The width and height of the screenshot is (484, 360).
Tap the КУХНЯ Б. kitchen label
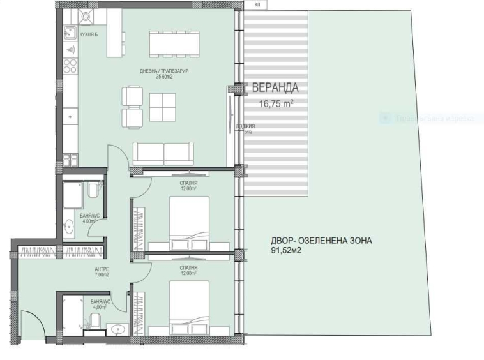[x=89, y=34]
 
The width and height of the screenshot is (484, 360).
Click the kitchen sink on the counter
[x=70, y=33]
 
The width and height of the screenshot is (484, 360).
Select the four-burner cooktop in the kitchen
[x=70, y=66]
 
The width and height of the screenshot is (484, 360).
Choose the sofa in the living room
[x=163, y=153]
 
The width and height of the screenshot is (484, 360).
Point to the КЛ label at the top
[x=257, y=4]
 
